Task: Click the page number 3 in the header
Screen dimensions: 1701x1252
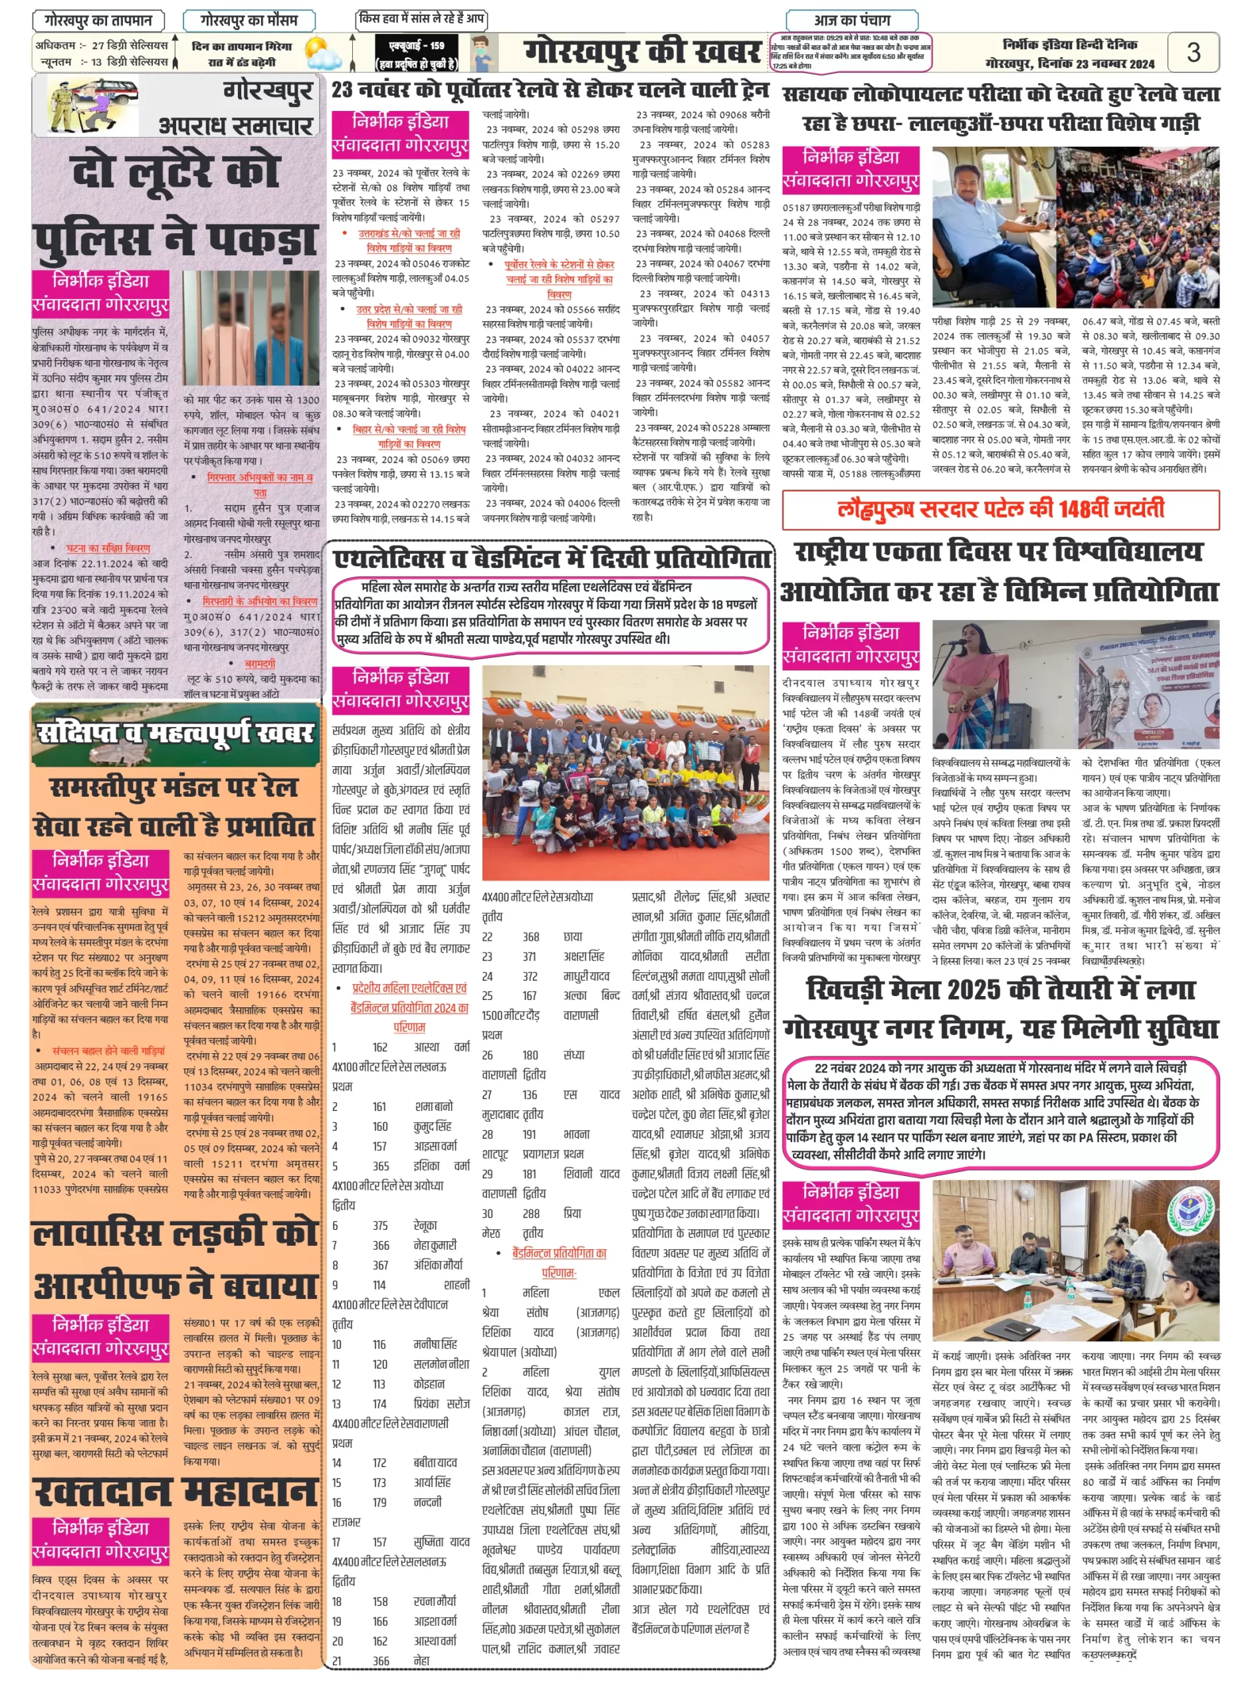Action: pyautogui.click(x=1193, y=52)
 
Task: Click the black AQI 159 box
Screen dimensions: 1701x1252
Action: pyautogui.click(x=416, y=53)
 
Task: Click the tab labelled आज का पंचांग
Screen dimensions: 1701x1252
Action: pyautogui.click(x=852, y=20)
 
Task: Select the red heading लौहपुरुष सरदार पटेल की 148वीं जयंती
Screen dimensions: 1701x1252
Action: pyautogui.click(x=999, y=509)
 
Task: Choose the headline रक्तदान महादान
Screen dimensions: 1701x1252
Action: pyautogui.click(x=176, y=1491)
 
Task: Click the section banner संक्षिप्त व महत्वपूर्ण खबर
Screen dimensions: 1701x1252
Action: pyautogui.click(x=176, y=734)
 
